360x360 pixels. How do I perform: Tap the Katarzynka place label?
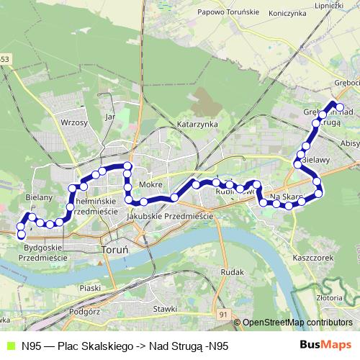197,124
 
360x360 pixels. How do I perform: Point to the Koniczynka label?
287,13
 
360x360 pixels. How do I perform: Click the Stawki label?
165,309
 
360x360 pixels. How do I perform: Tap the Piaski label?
90,287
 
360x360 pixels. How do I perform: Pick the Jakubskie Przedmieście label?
168,215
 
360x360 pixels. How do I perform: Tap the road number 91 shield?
224,315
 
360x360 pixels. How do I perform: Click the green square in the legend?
10,345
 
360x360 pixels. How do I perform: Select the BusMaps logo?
326,344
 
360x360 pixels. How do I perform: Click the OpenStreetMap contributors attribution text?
297,323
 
